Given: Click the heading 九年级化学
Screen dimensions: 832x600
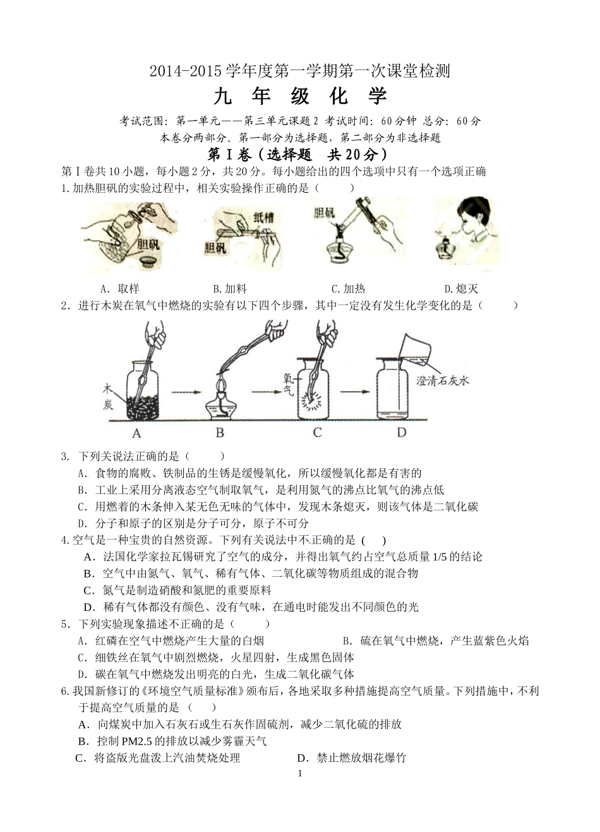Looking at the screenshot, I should coord(300,96).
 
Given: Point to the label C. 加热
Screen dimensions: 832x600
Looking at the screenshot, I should coord(348,289).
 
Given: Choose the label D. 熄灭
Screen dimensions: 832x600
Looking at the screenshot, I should coord(461,289).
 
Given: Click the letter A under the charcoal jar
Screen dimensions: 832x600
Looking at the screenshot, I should coord(136,433).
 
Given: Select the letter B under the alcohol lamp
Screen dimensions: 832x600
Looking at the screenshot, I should coord(220,433).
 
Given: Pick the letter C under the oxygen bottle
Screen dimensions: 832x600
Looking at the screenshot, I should coord(317,433).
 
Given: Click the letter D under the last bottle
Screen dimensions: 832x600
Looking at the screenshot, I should coord(402,433).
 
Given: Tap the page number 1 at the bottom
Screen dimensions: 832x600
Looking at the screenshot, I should coord(300,774).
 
